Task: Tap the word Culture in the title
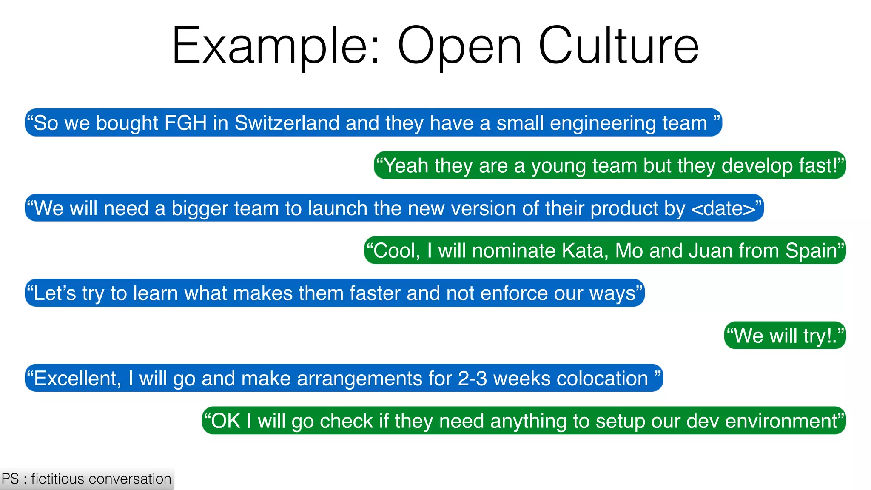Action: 618,46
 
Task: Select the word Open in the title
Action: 459,46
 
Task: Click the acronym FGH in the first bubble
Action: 185,123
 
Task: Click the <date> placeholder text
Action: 723,208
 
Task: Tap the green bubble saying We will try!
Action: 785,336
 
